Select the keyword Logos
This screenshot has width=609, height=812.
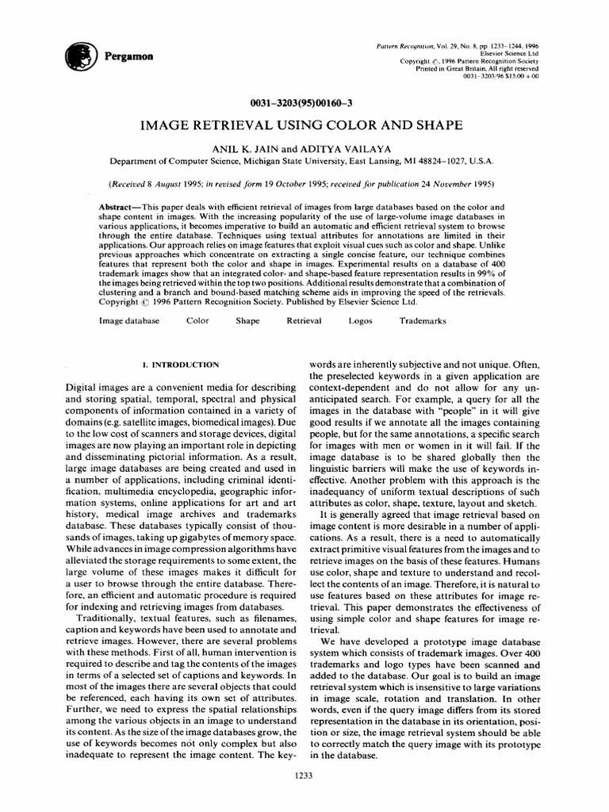tap(360, 321)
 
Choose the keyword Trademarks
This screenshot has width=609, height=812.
tap(423, 321)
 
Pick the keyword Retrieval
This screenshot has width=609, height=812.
tap(304, 321)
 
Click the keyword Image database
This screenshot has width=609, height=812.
tap(128, 321)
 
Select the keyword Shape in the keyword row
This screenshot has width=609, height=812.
tap(247, 321)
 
